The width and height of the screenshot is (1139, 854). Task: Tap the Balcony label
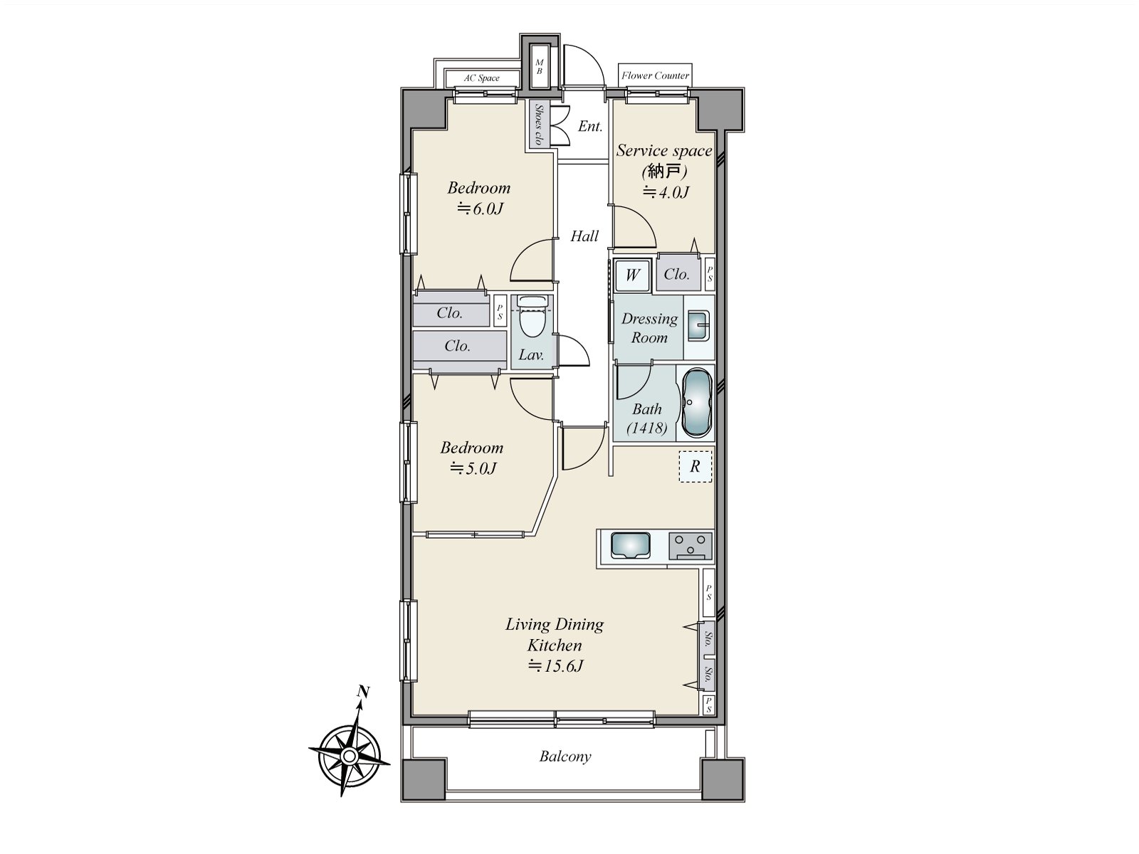[565, 757]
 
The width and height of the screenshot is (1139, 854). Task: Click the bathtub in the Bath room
[696, 403]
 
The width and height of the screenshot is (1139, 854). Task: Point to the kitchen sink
[631, 545]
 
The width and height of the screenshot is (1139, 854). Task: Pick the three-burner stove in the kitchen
[690, 546]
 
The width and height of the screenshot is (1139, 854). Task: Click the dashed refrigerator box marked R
[696, 466]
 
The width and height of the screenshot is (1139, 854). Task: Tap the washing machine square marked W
[632, 274]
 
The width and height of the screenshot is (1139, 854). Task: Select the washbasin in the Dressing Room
[698, 326]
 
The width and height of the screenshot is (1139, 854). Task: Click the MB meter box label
[540, 67]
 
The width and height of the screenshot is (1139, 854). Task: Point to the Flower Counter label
[656, 75]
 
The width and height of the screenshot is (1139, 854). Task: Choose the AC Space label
[481, 78]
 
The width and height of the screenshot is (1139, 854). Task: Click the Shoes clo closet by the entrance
[539, 125]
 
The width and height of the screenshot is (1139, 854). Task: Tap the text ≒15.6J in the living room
[555, 665]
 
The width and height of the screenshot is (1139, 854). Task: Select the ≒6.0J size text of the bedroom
[480, 209]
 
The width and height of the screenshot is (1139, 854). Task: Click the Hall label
[584, 236]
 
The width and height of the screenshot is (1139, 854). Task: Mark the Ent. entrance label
[590, 126]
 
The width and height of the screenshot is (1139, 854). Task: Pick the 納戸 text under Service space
[664, 171]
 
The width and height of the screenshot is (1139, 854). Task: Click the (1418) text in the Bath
[646, 428]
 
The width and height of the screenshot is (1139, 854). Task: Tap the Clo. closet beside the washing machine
[677, 274]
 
